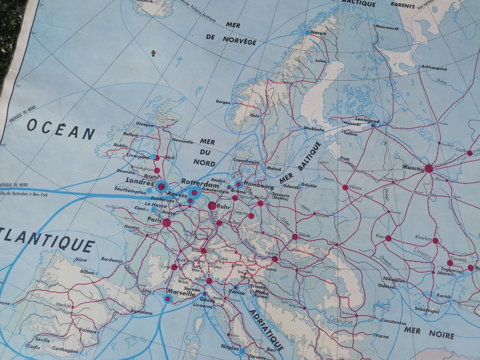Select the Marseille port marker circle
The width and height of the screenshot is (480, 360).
click(167, 299)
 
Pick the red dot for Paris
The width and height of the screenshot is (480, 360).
click(166, 223)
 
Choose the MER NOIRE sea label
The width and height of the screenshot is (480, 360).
click(429, 332)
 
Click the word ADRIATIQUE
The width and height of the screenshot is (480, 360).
click(266, 329)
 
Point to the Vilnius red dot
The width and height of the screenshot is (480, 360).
click(345, 188)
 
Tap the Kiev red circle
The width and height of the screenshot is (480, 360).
click(388, 238)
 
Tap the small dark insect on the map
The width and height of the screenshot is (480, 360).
click(154, 52)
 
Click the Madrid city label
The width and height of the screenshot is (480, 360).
click(63, 305)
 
